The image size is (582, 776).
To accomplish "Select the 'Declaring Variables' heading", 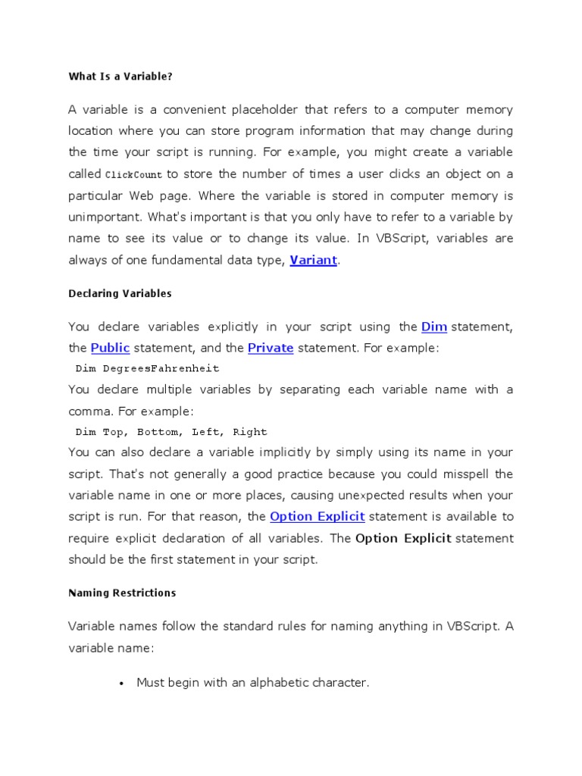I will (120, 293).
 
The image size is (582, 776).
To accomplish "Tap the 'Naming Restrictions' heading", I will (122, 593).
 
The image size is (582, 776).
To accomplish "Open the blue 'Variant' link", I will (313, 260).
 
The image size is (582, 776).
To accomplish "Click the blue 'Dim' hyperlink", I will (433, 327).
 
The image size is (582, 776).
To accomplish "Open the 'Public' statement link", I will (110, 348).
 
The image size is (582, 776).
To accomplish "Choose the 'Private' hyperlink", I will (271, 348).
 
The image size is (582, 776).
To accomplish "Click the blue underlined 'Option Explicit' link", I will (318, 516).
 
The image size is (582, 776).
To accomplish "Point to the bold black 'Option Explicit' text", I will (403, 538).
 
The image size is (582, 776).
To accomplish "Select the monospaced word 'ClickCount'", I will (133, 174).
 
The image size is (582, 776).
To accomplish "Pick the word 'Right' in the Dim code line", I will (250, 432).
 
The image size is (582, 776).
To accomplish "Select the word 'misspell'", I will (470, 474).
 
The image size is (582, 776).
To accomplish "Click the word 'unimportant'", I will (102, 217).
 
